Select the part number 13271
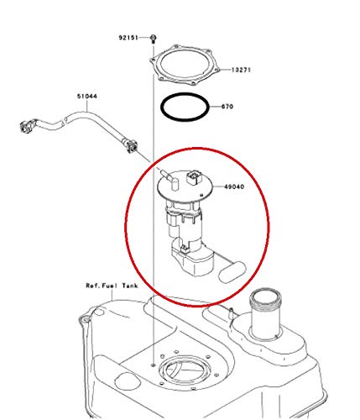242,70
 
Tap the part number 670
227,108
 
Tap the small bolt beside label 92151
154,38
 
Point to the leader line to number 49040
215,186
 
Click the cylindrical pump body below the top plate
186,221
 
